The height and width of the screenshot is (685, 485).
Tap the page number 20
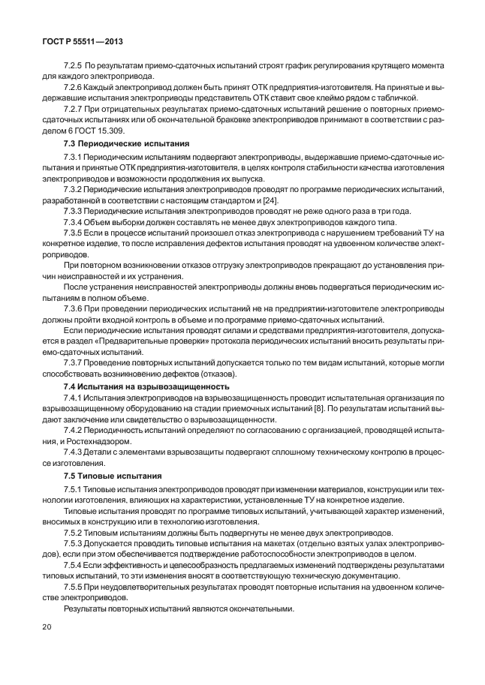click(x=47, y=627)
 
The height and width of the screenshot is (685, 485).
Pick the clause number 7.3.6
click(x=74, y=309)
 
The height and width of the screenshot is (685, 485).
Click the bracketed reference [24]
click(x=271, y=200)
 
